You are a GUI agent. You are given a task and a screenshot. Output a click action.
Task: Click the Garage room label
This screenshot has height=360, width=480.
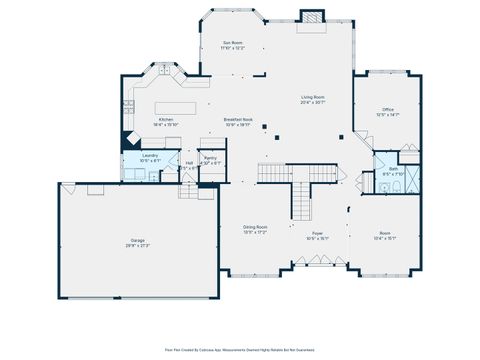tap(137, 241)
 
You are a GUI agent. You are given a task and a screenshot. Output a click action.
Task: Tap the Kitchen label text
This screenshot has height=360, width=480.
tap(165, 119)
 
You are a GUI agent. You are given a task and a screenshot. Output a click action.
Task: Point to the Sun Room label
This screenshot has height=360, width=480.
tap(232, 44)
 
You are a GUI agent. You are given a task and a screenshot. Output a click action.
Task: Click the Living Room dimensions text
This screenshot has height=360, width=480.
tap(312, 102)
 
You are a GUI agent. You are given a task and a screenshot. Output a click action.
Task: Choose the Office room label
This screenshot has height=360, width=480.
tap(387, 109)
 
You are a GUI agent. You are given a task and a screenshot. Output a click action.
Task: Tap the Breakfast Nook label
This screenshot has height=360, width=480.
tap(238, 119)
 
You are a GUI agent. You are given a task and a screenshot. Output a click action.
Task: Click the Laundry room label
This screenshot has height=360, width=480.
tap(150, 155)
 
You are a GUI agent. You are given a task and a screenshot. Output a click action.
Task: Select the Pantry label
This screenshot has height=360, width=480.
tap(211, 157)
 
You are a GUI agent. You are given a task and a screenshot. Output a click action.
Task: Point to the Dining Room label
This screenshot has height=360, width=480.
tap(255, 227)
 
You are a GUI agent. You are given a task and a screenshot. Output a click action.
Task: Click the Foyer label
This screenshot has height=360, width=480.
tap(316, 234)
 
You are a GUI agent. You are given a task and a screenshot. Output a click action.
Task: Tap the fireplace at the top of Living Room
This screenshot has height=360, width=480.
tap(314, 16)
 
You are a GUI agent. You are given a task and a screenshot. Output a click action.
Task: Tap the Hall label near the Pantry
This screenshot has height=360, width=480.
tap(189, 162)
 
